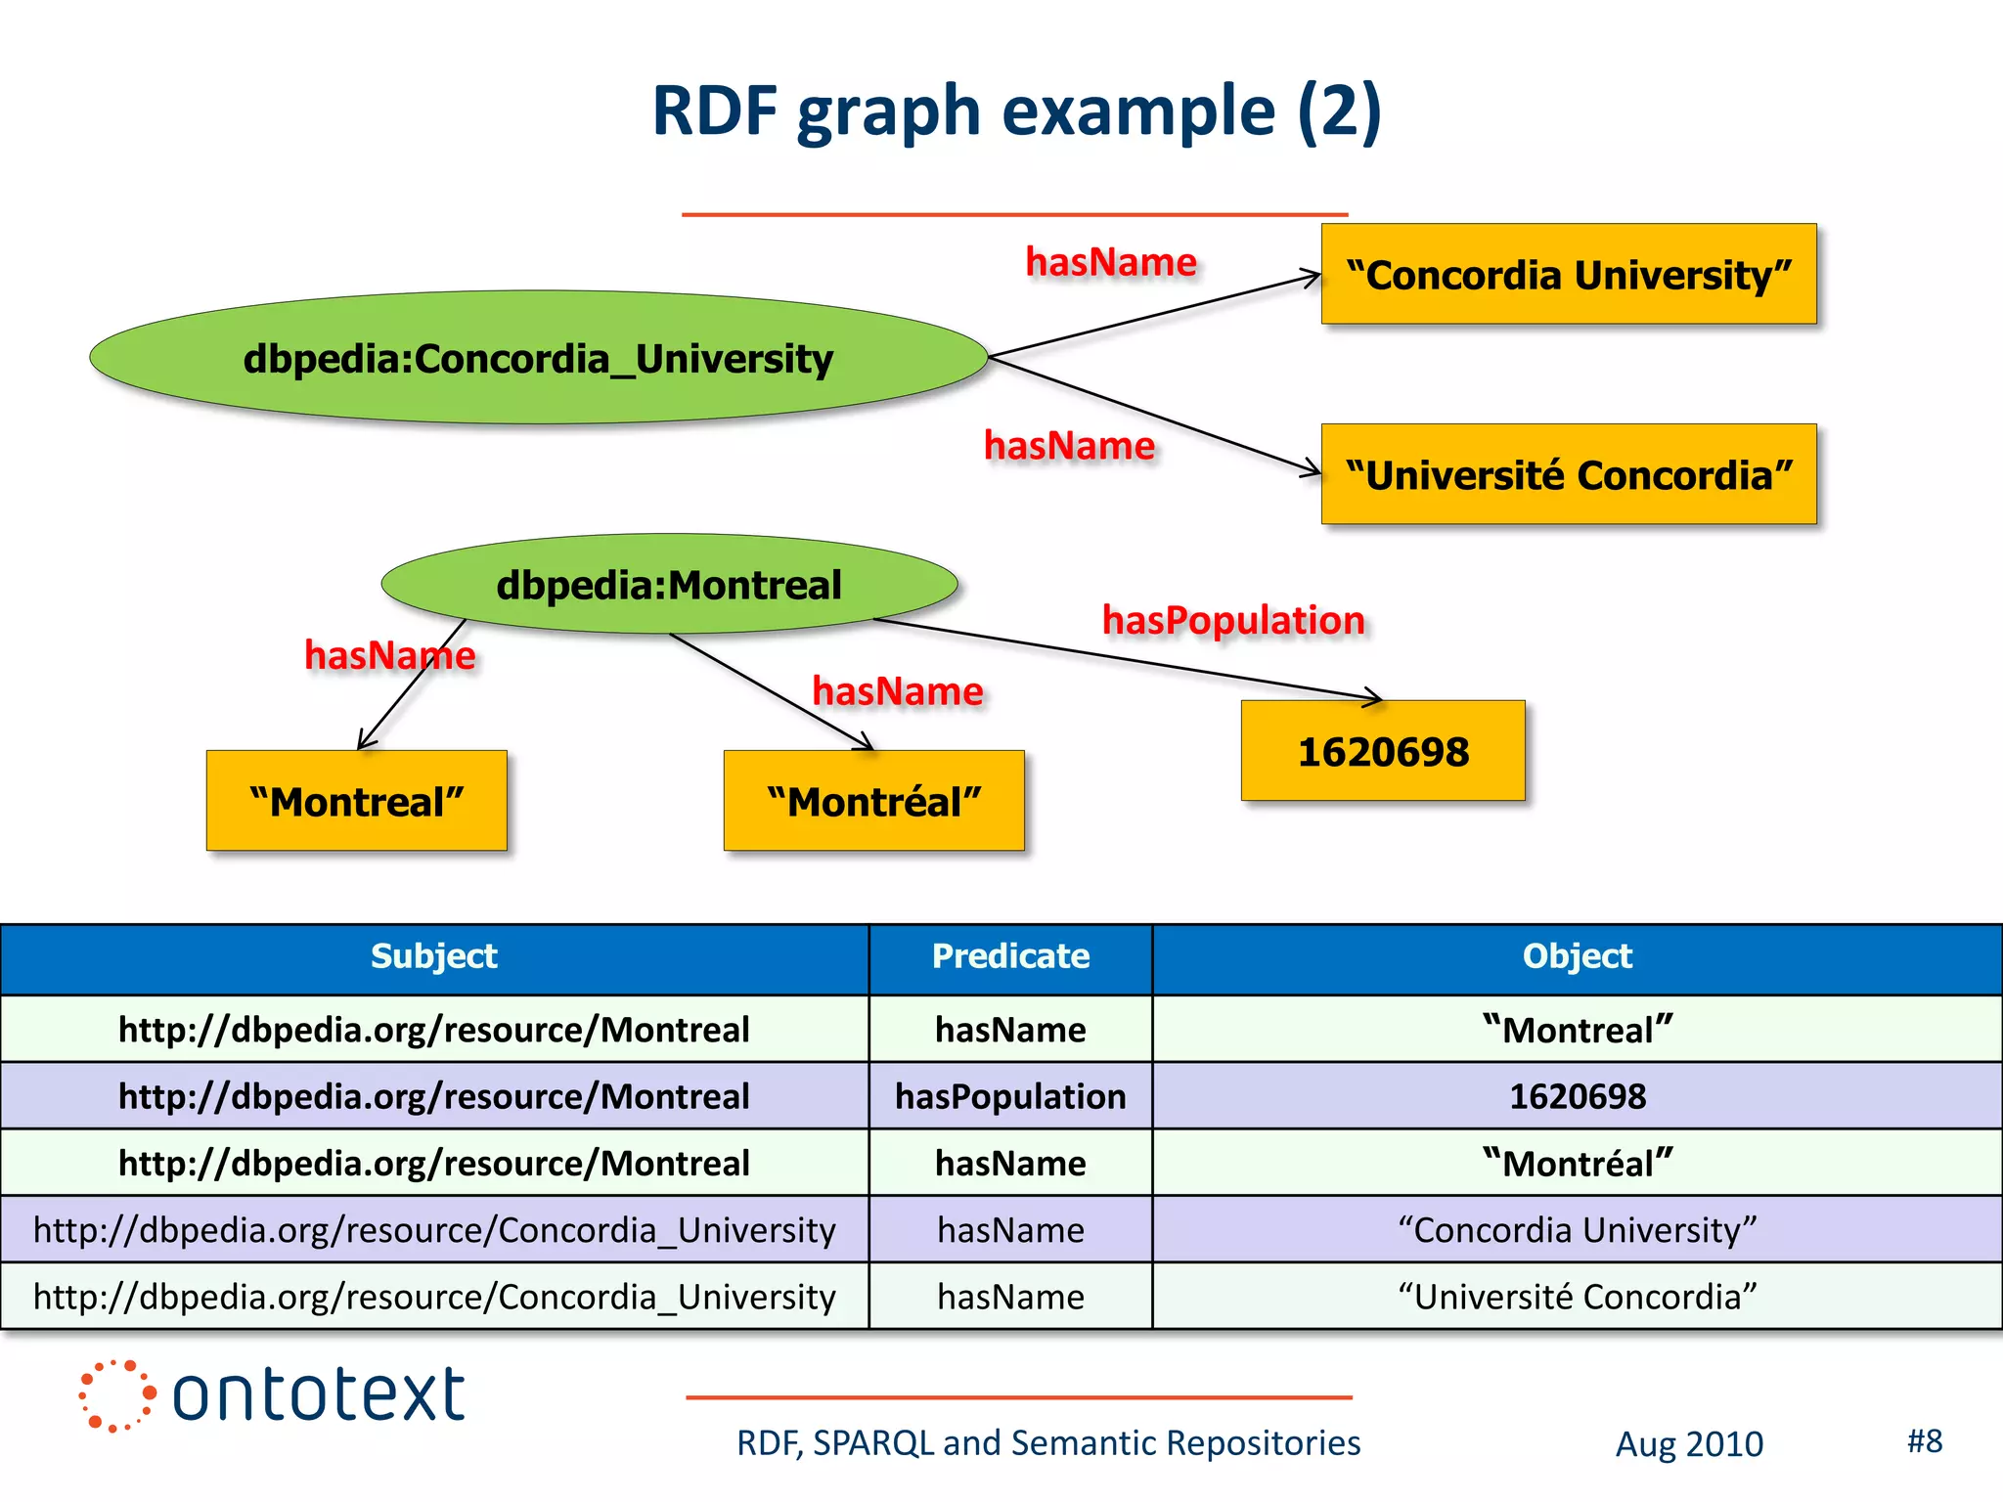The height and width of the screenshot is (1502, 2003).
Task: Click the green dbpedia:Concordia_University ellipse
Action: tap(538, 358)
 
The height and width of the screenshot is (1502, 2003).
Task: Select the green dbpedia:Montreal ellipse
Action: tap(669, 585)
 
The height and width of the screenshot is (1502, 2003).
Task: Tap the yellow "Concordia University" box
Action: tap(1568, 275)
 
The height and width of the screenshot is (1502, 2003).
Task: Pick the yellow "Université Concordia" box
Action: tap(1568, 475)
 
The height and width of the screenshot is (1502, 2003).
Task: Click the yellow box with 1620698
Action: tap(1382, 752)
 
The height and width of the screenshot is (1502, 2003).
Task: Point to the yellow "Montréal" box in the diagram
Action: tap(873, 802)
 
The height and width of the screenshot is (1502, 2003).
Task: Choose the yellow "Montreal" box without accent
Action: tap(356, 802)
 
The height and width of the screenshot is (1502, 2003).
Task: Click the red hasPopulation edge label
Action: tap(1233, 620)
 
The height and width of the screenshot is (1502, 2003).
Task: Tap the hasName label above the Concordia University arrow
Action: tap(1110, 262)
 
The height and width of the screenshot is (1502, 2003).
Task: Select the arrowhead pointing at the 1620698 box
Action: tap(1375, 698)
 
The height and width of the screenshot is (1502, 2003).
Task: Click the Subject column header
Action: tap(434, 956)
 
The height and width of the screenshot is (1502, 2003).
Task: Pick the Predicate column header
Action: tap(1010, 956)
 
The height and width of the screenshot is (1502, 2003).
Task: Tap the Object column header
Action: tap(1577, 956)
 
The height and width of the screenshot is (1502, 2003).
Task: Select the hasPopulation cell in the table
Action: tap(1010, 1096)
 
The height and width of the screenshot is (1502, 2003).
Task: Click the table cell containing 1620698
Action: tap(1577, 1096)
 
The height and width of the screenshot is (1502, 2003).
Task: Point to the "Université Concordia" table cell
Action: tap(1577, 1297)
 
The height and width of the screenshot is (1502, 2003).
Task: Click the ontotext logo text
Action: tap(318, 1394)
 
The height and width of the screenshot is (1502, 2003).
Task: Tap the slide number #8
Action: tap(1924, 1441)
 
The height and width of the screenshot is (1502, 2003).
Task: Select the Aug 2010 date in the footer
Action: tap(1689, 1444)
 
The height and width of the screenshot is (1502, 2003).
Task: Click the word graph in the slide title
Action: tap(888, 111)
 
